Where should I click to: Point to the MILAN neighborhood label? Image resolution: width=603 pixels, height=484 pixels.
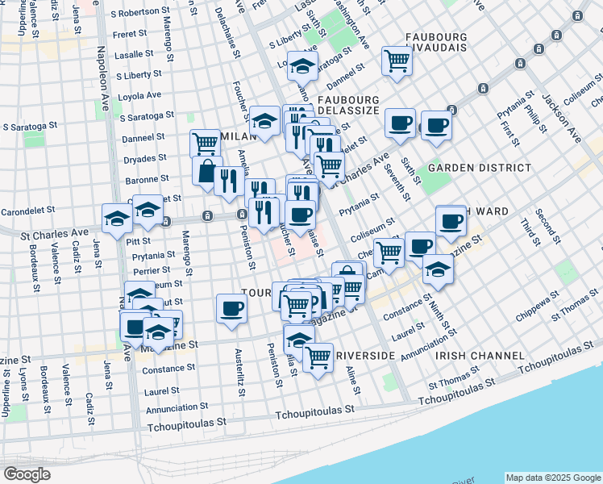(x=236, y=136)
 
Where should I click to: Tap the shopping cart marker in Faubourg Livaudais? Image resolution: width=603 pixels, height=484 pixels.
(x=397, y=60)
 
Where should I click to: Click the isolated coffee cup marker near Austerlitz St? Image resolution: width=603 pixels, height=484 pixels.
(x=232, y=308)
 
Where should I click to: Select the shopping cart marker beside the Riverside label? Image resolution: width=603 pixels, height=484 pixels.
(x=318, y=355)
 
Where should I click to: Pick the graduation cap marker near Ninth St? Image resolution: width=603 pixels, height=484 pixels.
(x=438, y=269)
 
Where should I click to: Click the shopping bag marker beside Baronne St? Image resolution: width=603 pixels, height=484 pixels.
(x=207, y=171)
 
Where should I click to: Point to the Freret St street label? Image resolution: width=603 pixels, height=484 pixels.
(x=131, y=34)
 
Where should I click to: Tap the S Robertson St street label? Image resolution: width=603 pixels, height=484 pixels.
(x=142, y=14)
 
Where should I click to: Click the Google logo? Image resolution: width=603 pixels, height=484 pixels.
(x=27, y=474)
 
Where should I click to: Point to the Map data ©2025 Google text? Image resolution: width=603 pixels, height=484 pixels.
(x=552, y=478)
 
